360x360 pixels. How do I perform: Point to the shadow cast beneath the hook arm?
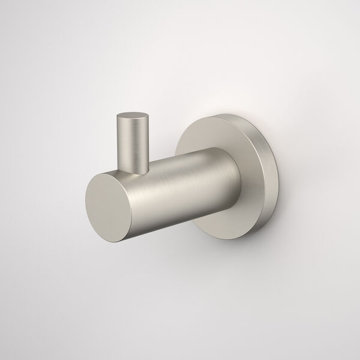pyautogui.click(x=180, y=252)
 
